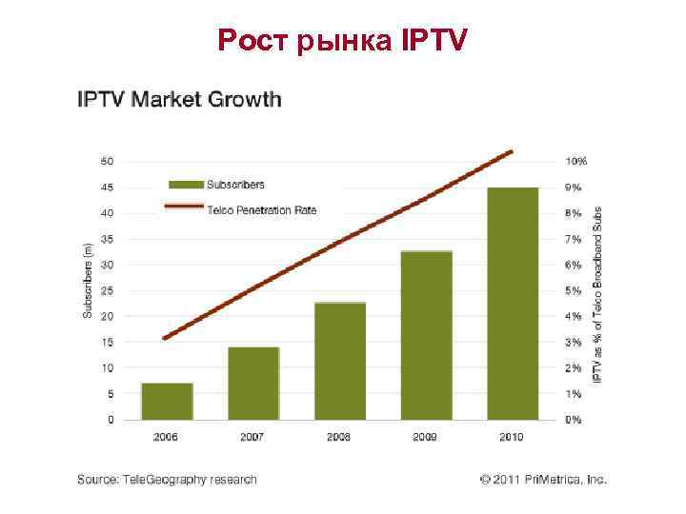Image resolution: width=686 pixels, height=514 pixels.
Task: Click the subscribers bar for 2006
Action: [167, 401]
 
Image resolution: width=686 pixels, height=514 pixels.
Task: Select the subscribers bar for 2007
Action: [253, 384]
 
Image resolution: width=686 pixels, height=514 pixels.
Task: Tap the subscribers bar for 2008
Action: [340, 361]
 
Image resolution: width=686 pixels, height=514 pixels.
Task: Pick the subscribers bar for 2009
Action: [426, 335]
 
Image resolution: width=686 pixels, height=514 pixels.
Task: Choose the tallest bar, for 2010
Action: [513, 304]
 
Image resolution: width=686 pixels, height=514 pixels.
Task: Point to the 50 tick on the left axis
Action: [108, 161]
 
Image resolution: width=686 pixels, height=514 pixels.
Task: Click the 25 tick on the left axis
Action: [108, 290]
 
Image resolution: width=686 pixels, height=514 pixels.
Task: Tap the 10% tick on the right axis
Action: [575, 161]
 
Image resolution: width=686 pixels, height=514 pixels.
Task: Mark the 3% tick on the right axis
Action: [573, 342]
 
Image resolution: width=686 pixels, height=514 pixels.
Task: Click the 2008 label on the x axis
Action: [339, 436]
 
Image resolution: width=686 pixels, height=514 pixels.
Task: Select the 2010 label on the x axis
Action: [512, 436]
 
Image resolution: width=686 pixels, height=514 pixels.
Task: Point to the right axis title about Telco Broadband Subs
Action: [598, 295]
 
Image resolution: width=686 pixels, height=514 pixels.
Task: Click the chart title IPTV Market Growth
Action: [179, 99]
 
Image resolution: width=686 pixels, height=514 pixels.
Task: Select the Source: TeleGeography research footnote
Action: [167, 480]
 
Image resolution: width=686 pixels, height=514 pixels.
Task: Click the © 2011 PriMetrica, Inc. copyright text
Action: [543, 480]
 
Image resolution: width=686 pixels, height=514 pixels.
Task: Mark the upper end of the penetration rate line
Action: [512, 151]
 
